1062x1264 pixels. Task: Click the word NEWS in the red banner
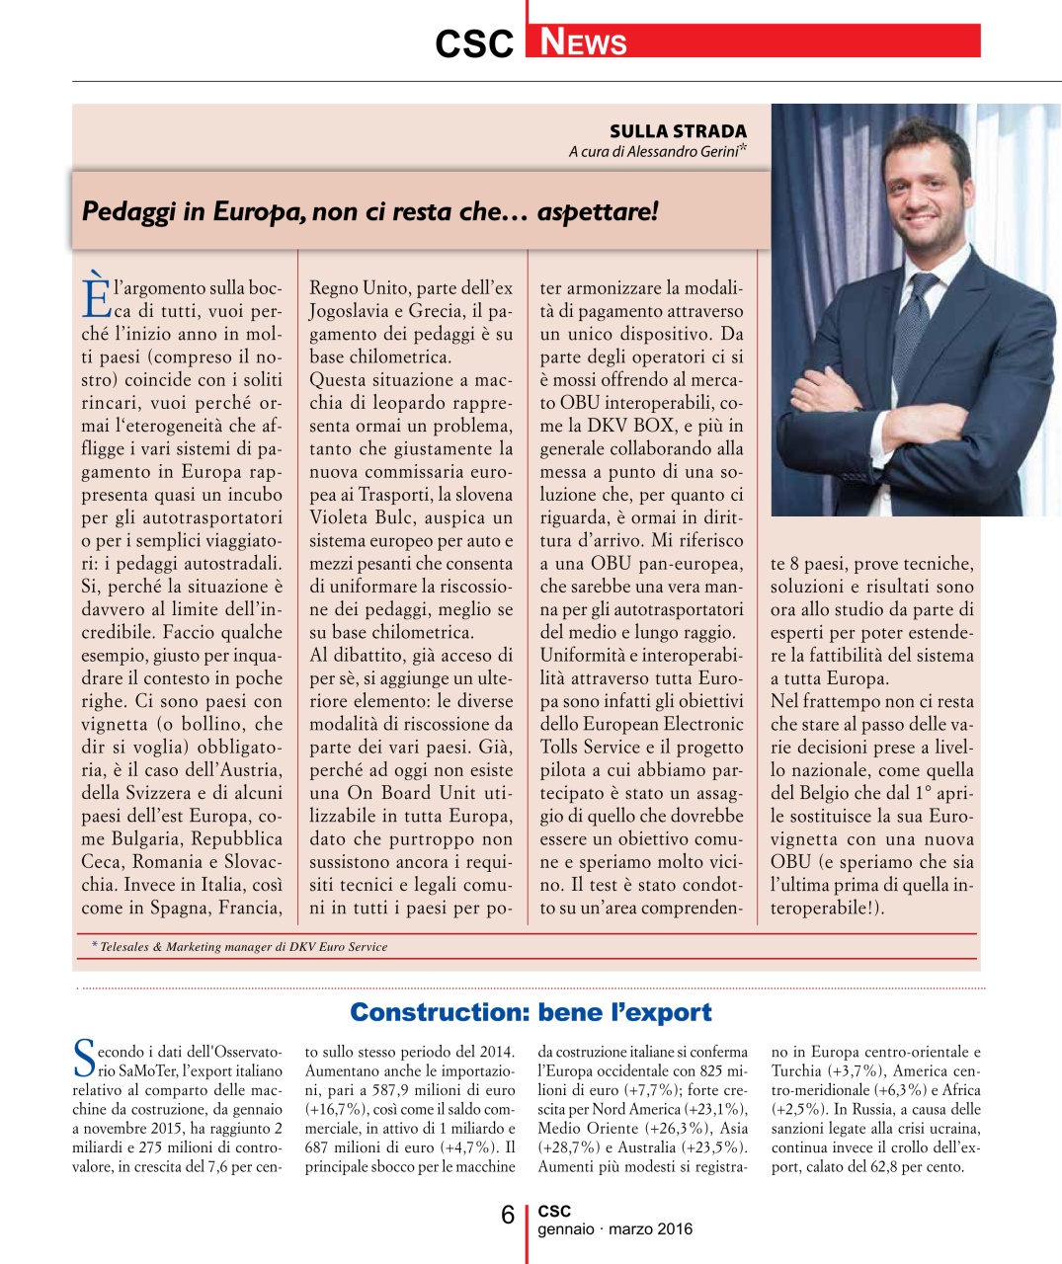584,42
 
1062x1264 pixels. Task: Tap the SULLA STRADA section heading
678,131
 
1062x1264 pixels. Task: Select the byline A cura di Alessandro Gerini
656,151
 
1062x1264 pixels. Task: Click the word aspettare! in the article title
598,211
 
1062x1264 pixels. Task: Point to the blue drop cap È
96,295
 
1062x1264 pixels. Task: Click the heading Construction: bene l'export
531,1012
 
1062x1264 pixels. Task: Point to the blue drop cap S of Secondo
84,1059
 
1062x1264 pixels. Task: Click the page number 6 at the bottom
508,1215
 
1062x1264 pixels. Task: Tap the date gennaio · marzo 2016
614,1229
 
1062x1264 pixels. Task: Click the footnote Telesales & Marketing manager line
244,946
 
